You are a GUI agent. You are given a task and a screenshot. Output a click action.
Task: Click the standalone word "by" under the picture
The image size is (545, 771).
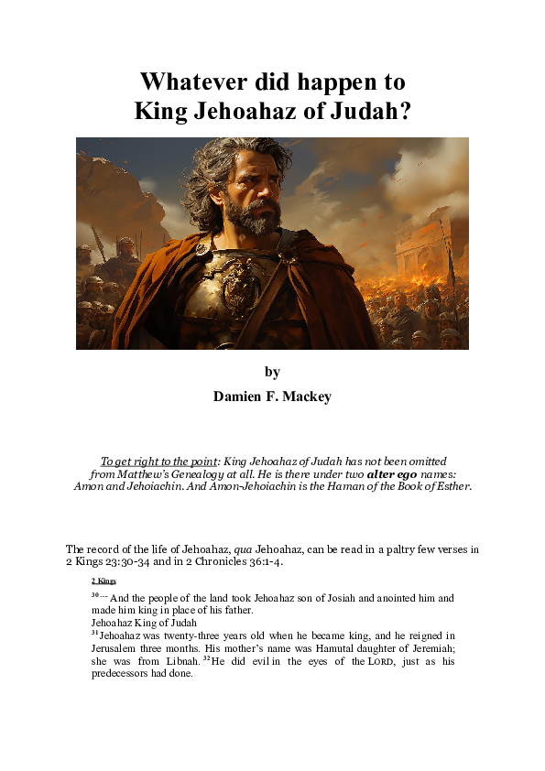click(x=272, y=372)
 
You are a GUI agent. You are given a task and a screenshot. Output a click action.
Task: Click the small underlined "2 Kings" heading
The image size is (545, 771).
click(x=104, y=581)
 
